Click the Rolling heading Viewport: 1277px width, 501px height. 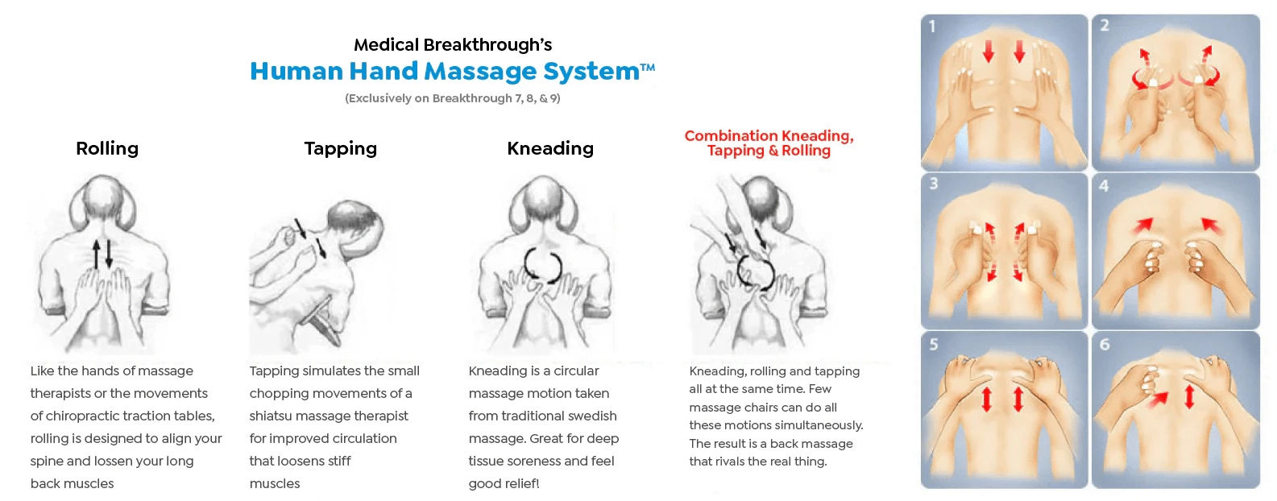[107, 149]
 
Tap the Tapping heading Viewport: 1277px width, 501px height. [340, 149]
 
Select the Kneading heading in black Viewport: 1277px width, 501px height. [550, 149]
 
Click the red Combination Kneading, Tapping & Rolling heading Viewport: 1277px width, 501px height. [769, 143]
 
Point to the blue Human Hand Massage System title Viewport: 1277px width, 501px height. [452, 71]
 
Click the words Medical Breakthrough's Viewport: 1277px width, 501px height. [453, 44]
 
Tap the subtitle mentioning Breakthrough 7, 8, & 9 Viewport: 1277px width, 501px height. [453, 98]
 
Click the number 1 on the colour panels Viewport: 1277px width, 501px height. [932, 27]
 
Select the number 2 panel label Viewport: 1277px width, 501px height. [1105, 25]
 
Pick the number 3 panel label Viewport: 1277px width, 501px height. [934, 184]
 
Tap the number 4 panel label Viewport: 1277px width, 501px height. [1105, 186]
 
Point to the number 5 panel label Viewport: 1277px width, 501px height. [934, 344]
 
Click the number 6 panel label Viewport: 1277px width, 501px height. [1105, 344]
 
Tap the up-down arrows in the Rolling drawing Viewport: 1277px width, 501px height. [102, 255]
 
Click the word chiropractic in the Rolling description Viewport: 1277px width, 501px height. [84, 416]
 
